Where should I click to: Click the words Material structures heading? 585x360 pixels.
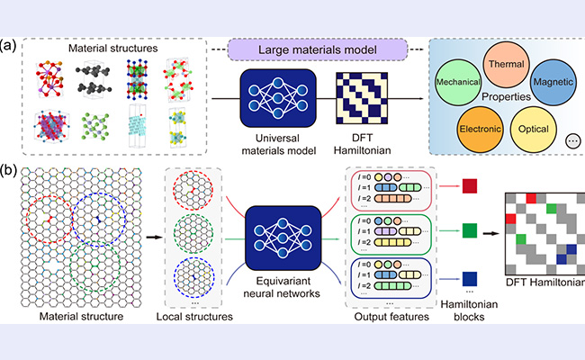[110, 46]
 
